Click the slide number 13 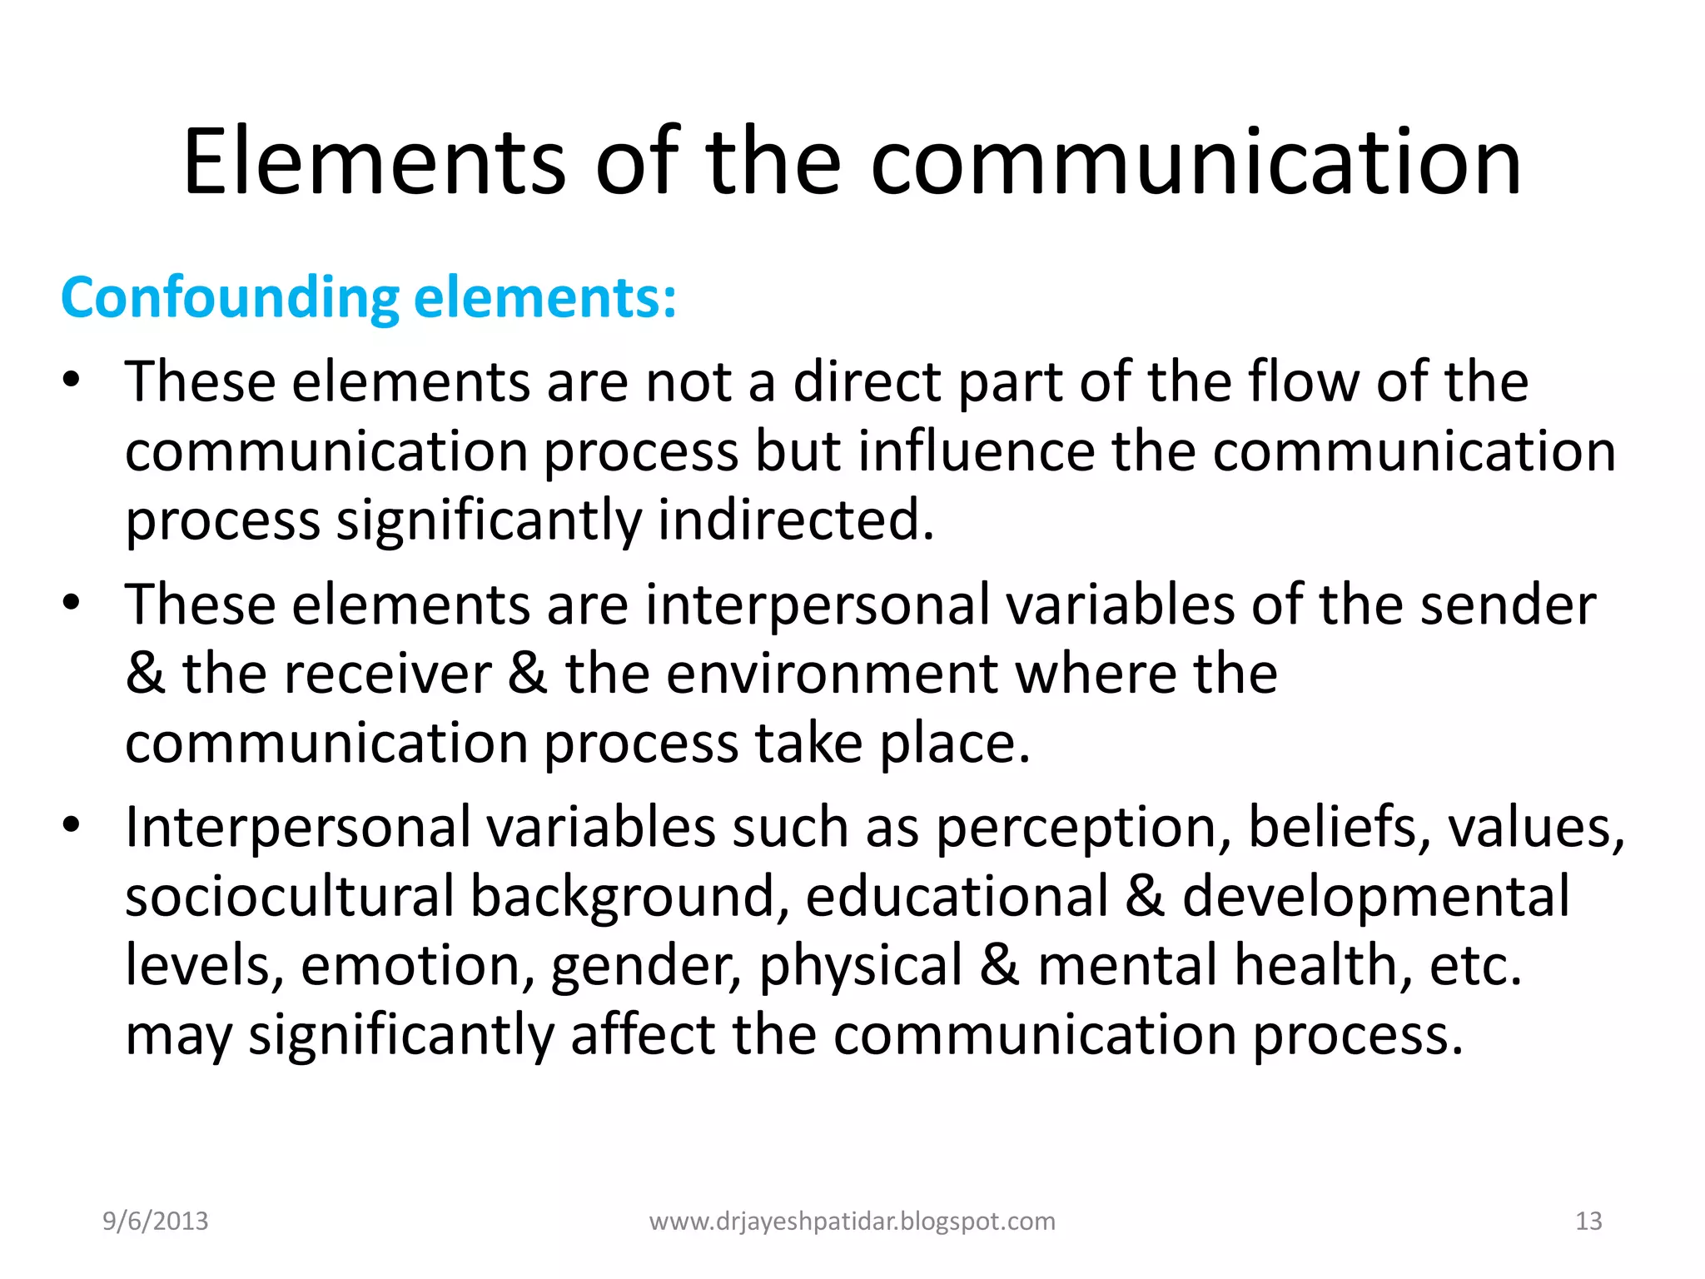1588,1221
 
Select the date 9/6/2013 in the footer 156,1221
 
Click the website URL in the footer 852,1221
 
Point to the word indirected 795,520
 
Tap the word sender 1508,605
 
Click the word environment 831,673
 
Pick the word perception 1083,828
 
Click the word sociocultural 290,896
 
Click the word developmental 1375,896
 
